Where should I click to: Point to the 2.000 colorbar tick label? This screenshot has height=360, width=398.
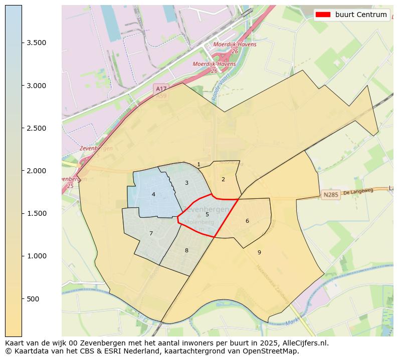click(36, 171)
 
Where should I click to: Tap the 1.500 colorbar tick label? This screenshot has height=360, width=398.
click(36, 214)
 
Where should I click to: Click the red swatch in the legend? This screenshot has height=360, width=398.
click(323, 15)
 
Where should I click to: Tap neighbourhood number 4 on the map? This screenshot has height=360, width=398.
click(153, 194)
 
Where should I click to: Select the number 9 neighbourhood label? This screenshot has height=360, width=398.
click(259, 252)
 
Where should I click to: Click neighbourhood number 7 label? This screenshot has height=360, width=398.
click(151, 233)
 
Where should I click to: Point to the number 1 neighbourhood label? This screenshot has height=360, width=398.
click(198, 164)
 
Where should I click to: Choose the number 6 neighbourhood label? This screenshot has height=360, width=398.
click(247, 221)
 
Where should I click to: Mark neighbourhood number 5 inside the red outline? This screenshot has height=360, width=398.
click(207, 214)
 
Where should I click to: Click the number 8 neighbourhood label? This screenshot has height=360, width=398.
click(186, 250)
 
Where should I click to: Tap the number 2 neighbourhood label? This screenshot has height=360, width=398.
click(223, 179)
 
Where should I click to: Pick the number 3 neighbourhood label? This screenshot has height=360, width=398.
click(186, 183)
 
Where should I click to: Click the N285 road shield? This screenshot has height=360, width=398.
click(331, 195)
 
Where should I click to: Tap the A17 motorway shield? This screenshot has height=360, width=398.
click(161, 89)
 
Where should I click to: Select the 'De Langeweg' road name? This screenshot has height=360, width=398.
click(359, 191)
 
